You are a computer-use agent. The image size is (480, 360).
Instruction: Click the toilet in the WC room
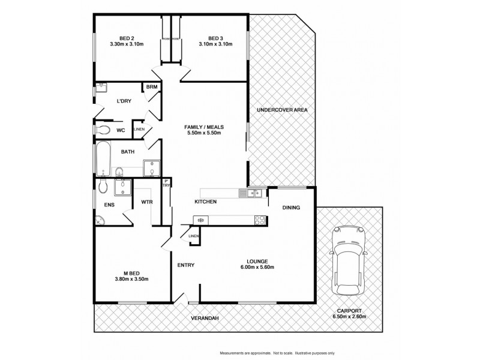[103, 130]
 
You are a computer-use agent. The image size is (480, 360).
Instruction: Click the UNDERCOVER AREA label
[282, 110]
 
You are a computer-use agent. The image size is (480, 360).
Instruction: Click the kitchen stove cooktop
[260, 220]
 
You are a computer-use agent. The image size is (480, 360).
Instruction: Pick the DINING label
[291, 208]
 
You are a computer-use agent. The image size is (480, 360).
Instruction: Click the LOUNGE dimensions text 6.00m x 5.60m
[259, 267]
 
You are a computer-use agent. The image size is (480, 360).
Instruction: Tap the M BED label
[131, 272]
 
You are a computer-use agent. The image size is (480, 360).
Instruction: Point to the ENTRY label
[185, 265]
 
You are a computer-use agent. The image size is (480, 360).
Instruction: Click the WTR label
[147, 202]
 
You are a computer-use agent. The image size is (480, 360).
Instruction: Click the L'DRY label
[124, 101]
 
